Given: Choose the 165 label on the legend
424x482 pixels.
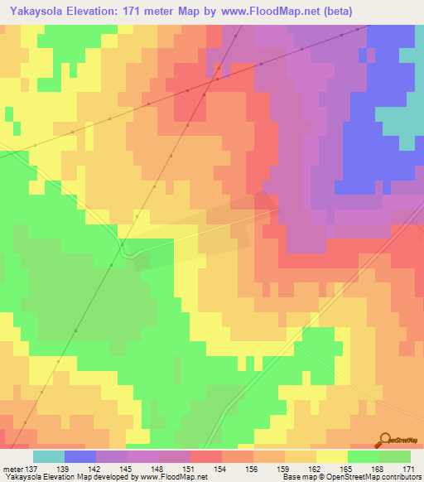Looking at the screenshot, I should tap(347, 469).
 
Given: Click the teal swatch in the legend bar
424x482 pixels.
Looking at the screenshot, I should tap(49, 456).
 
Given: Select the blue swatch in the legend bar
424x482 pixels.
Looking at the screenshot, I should tap(80, 456).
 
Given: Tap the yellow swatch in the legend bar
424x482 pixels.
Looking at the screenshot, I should tap(331, 456).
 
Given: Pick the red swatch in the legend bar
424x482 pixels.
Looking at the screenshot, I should tap(205, 456).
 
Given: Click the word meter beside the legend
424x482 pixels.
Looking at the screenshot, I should tap(12, 469).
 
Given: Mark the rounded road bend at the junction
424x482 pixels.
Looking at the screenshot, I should tap(127, 251).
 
